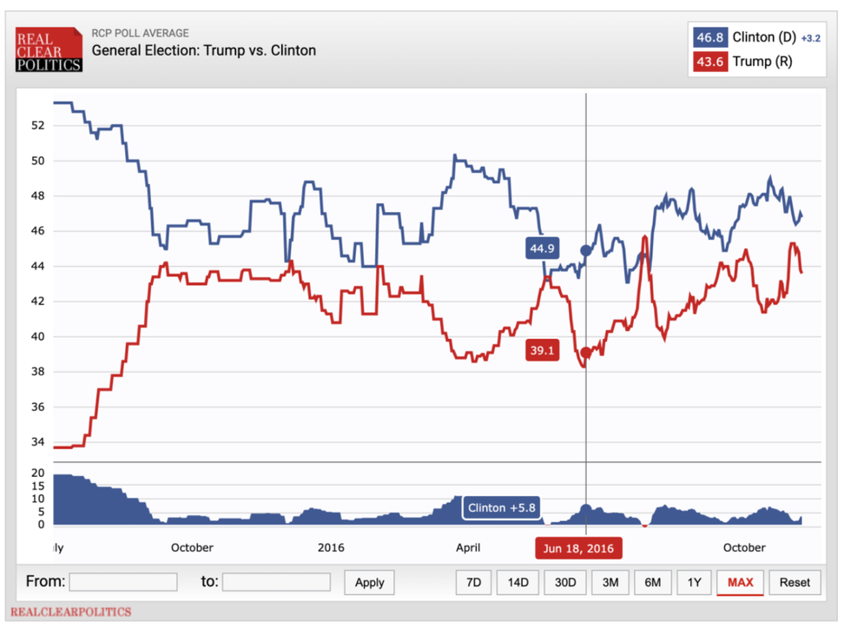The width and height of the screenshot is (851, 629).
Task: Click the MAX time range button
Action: pos(740,582)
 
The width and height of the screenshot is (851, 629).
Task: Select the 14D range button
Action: pos(518,582)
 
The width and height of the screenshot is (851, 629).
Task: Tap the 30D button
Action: pos(565,582)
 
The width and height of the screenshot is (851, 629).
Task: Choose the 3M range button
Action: pos(610,582)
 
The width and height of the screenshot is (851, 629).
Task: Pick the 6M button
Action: pos(652,582)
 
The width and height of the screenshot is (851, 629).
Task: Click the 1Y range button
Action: pos(694,582)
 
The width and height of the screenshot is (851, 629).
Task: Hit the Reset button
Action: pos(795,582)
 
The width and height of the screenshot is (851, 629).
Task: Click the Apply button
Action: pos(369,582)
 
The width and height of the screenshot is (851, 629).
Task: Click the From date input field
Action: pos(123,582)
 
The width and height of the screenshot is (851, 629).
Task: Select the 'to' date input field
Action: pos(276,582)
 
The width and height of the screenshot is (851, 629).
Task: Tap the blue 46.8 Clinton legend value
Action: pos(709,37)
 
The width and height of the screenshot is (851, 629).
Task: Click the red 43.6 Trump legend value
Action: pos(709,62)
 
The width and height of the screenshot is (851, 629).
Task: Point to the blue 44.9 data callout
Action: pos(542,249)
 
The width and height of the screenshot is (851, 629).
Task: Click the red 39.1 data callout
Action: pos(542,351)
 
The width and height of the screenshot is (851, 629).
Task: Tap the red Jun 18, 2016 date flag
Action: pos(578,548)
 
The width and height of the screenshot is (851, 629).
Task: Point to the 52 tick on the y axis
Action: pos(36,125)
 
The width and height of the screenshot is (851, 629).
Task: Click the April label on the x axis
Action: pos(468,548)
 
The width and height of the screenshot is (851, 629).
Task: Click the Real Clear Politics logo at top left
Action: pos(49,50)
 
